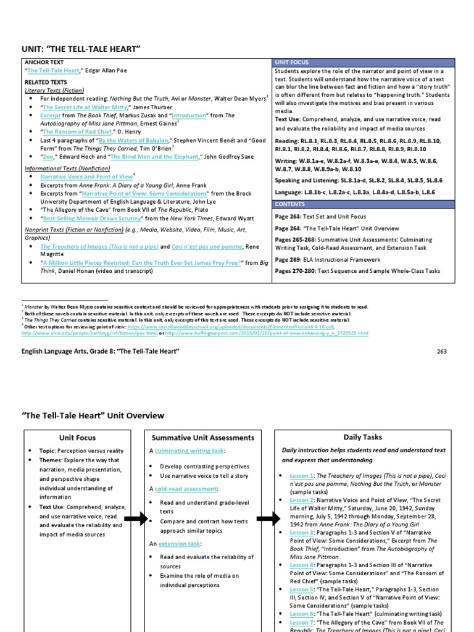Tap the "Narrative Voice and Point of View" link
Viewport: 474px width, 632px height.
(86, 177)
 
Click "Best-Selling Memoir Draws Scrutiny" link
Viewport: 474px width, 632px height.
(91, 218)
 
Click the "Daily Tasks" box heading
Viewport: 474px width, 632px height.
(363, 437)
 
